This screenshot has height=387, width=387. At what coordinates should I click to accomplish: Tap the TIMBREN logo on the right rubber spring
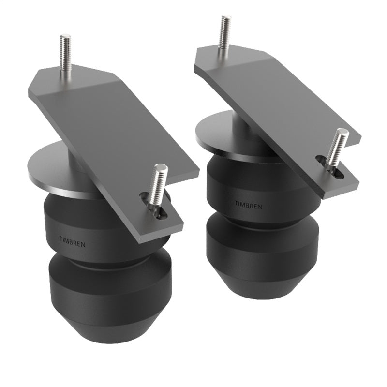249,206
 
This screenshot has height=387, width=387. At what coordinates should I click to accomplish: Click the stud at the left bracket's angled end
66,54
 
